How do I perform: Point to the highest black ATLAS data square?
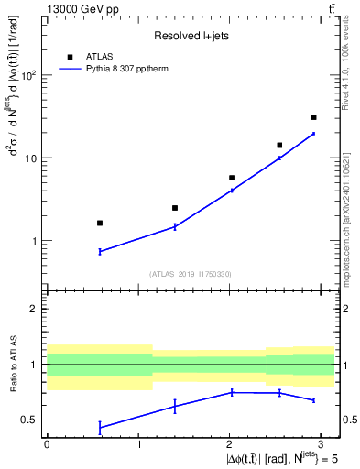pos(313,117)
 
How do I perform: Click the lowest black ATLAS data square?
pos(100,223)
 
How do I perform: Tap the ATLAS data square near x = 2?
pos(232,178)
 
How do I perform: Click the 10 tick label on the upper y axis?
pos(32,158)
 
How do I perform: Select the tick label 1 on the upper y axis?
pos(36,241)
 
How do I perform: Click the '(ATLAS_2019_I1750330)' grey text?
pos(191,273)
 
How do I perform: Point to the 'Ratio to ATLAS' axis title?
pos(12,364)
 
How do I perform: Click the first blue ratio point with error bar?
pos(100,427)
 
